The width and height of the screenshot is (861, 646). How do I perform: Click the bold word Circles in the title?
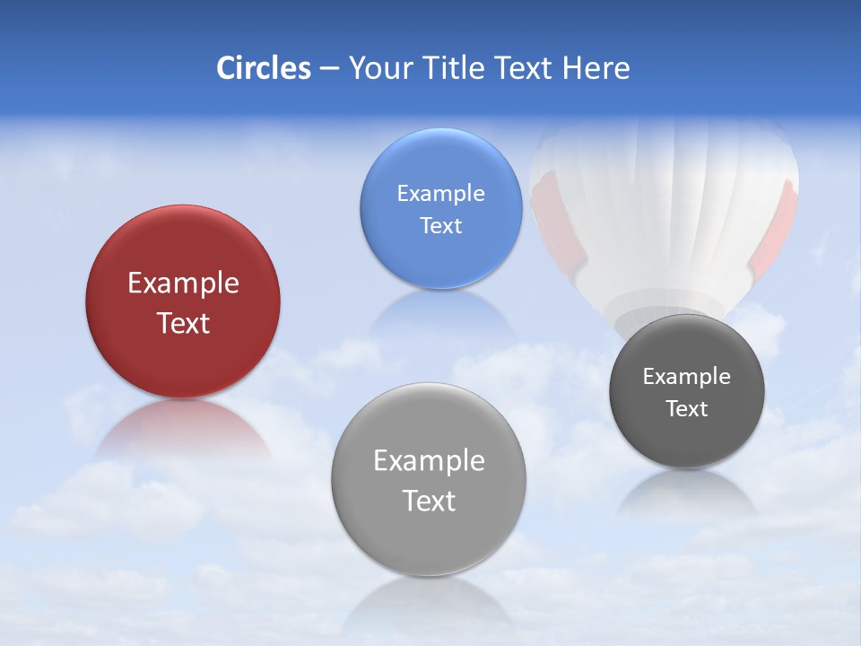coord(264,68)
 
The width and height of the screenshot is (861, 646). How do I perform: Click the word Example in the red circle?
coord(183,284)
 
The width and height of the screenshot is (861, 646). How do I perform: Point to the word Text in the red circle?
coord(183,323)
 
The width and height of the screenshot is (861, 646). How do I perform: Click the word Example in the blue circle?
coord(441,194)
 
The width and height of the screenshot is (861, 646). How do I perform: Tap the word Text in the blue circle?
coord(441,225)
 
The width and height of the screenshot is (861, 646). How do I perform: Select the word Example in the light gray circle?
coord(429,461)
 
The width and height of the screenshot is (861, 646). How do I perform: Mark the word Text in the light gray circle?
coord(429,501)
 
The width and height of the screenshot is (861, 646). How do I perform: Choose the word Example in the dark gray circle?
coord(687,377)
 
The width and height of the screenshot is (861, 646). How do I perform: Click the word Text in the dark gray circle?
coord(687,409)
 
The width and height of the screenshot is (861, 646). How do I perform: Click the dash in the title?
coord(328,69)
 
